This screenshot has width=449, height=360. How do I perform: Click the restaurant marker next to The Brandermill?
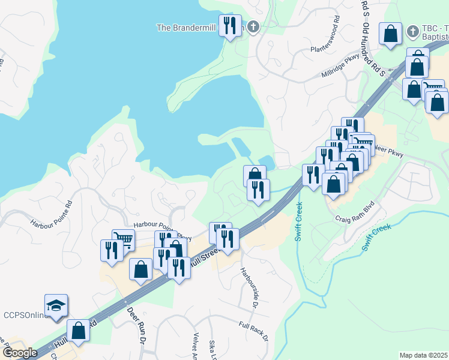tap(230, 26)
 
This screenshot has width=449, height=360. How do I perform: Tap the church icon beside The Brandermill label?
tap(253, 27)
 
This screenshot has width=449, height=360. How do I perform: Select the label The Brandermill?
tap(185, 28)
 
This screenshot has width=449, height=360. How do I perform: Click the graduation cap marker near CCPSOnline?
tap(56, 305)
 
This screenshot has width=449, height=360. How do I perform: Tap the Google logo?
tap(19, 353)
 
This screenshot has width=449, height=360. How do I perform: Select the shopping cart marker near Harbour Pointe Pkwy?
tap(123, 240)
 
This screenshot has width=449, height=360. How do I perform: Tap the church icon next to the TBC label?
tap(413, 31)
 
